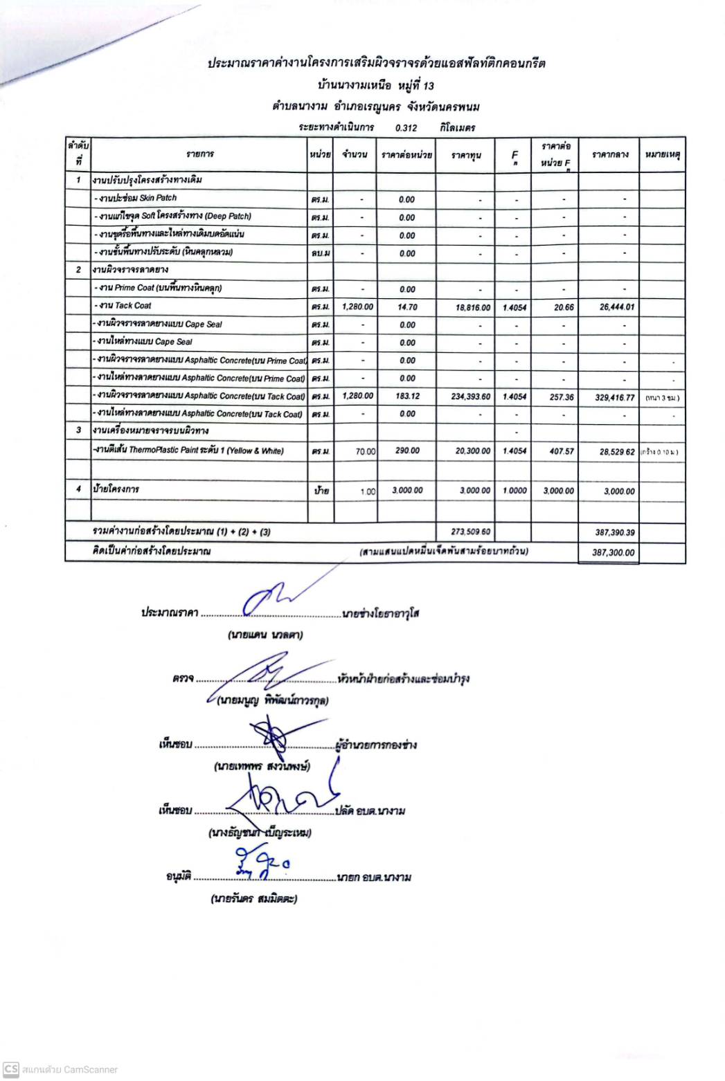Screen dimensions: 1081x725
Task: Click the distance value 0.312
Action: tap(406, 128)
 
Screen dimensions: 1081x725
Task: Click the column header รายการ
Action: tap(199, 154)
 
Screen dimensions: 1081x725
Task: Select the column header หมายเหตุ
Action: tap(662, 154)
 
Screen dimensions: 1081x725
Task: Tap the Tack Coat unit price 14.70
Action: tap(406, 307)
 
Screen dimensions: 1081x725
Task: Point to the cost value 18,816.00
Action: tap(473, 307)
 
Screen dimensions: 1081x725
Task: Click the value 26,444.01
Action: tap(616, 307)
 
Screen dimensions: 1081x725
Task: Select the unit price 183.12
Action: tap(406, 397)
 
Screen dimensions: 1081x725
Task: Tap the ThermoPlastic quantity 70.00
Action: tap(365, 451)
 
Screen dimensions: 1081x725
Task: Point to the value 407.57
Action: tap(562, 451)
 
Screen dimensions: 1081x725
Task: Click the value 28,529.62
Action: tap(616, 452)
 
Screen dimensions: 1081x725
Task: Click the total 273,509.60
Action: tap(471, 532)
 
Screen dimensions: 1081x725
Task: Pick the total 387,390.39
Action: tap(614, 533)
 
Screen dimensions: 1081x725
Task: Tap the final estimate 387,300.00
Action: tap(613, 553)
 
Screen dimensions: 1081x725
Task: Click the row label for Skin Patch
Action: tap(136, 198)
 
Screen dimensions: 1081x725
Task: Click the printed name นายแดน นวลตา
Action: tap(265, 634)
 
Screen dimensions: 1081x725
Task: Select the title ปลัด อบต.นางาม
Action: tap(370, 810)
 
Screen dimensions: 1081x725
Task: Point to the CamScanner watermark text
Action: tap(69, 1069)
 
